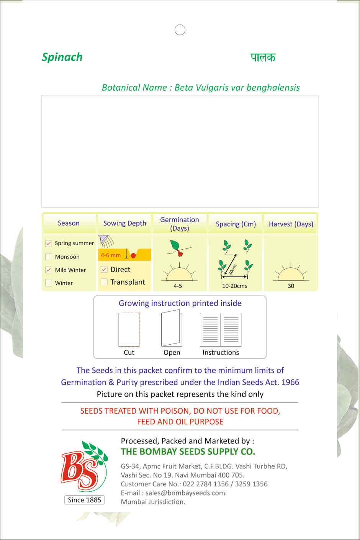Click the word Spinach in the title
(62, 57)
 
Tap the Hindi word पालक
(263, 57)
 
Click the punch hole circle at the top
(180, 30)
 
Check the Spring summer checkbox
(49, 243)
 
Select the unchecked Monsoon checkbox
(49, 257)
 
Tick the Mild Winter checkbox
(49, 270)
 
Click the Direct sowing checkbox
(104, 269)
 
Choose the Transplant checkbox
(104, 282)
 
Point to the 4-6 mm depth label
(111, 255)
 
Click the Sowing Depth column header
(124, 223)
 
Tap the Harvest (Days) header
(291, 224)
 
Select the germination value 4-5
(178, 286)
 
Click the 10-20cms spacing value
(234, 286)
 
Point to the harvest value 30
(291, 286)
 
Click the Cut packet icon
(129, 329)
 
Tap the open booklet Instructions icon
(221, 329)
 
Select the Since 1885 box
(84, 500)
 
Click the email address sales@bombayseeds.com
(185, 493)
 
